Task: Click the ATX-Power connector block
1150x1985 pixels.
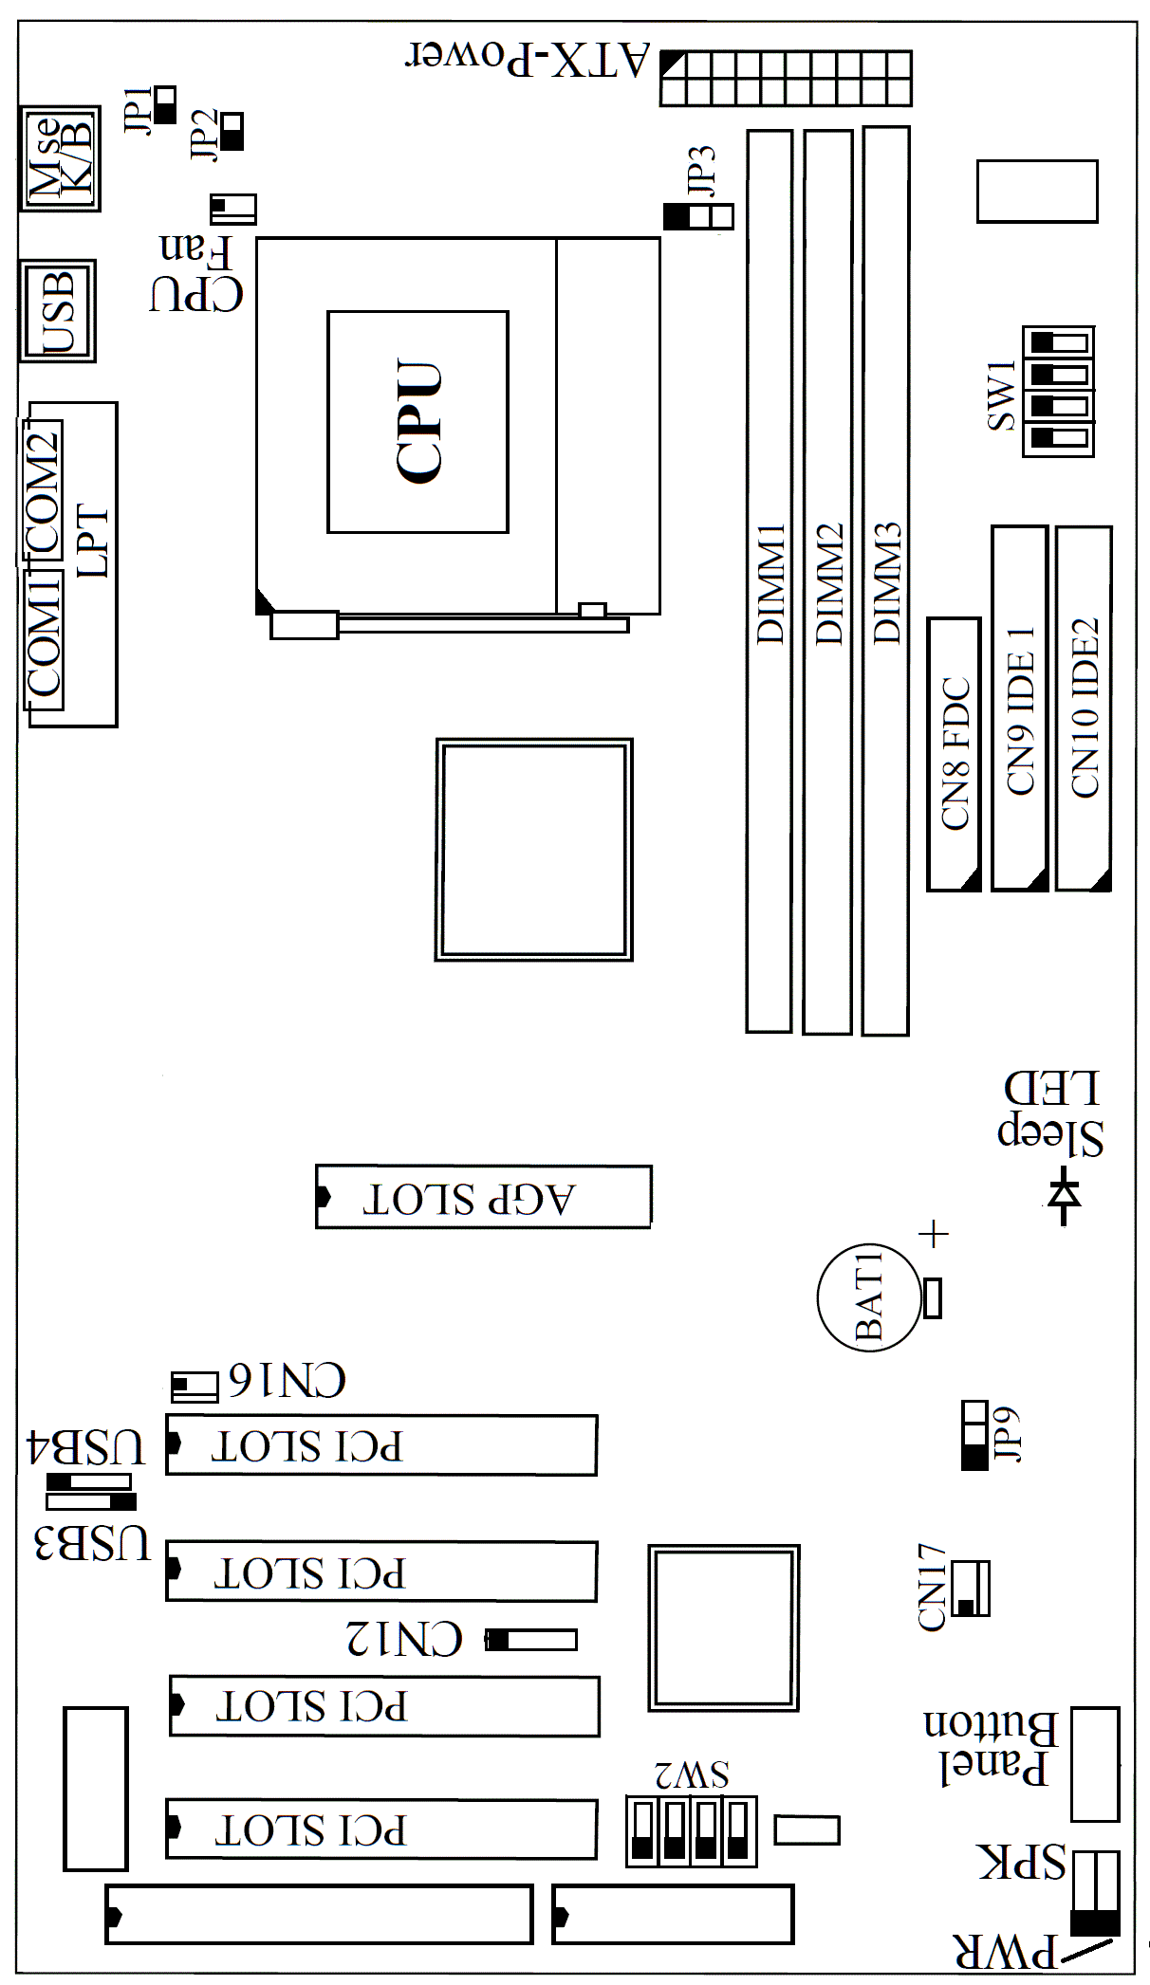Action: pos(787,79)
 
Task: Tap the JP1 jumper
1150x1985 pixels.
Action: pos(165,105)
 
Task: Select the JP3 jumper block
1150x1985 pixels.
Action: pos(698,217)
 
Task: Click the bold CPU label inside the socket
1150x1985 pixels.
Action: pos(418,421)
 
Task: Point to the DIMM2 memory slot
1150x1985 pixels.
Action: pos(827,581)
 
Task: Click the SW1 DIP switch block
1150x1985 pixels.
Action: pos(1058,391)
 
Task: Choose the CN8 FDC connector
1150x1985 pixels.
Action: pos(954,754)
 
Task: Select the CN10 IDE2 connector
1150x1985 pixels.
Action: pos(1084,708)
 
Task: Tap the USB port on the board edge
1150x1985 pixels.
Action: pos(58,311)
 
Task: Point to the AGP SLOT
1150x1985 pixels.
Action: pos(484,1197)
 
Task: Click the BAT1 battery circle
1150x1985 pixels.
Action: pos(869,1298)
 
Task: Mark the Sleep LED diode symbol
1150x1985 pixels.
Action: pos(1064,1198)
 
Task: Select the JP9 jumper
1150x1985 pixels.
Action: pos(975,1435)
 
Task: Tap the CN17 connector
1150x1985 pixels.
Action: pos(971,1588)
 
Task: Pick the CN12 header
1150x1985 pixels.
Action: pos(530,1639)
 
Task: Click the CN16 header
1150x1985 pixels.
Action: pos(195,1387)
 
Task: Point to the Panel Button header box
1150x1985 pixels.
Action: pos(1095,1765)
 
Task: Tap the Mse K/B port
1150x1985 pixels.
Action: pos(60,158)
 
